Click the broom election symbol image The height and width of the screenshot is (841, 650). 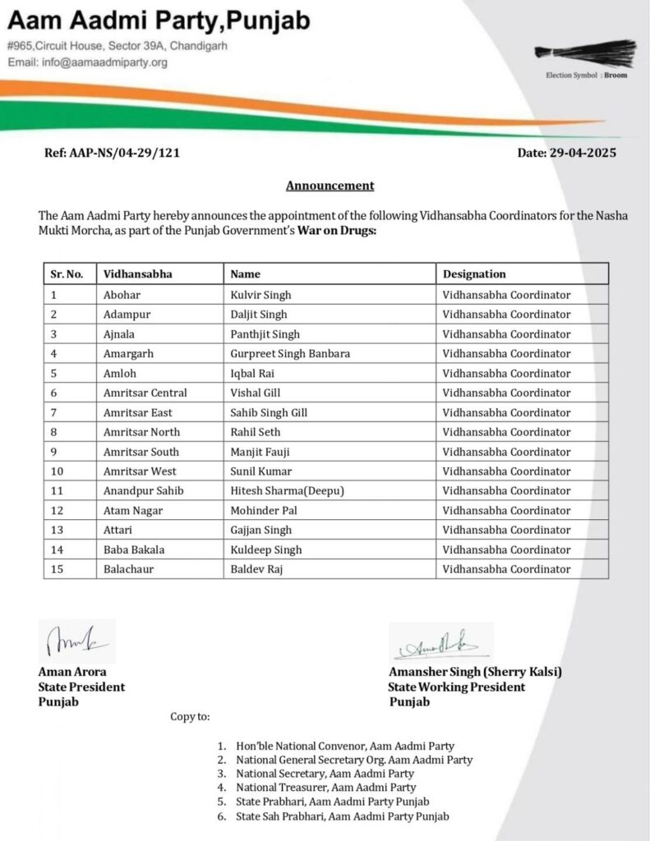click(x=585, y=53)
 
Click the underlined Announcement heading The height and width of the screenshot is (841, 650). click(x=330, y=186)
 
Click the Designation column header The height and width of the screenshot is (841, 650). click(x=474, y=274)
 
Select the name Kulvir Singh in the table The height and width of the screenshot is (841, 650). click(x=260, y=295)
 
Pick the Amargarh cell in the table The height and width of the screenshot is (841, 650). click(x=128, y=354)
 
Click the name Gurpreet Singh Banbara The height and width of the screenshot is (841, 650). click(x=290, y=354)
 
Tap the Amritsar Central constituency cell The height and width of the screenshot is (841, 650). click(x=145, y=393)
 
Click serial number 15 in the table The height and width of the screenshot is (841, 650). click(x=57, y=569)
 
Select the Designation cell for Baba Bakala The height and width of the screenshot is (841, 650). click(x=506, y=549)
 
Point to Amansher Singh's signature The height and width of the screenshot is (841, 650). click(x=440, y=642)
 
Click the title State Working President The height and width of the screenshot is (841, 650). click(x=457, y=687)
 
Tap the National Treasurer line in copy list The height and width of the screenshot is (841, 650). click(x=325, y=788)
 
